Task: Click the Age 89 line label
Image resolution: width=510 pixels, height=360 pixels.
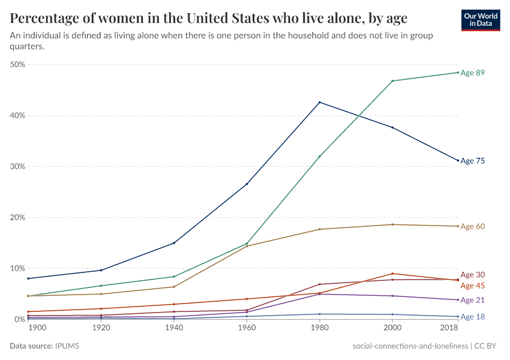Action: [x=472, y=73]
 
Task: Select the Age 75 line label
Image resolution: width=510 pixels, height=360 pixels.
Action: [x=472, y=161]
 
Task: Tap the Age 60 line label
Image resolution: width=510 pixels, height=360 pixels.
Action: [x=472, y=226]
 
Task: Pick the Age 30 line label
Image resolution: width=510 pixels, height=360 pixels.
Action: [x=472, y=275]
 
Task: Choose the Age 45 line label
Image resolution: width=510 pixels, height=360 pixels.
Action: [x=472, y=286]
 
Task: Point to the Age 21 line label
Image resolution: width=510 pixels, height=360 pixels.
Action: [x=472, y=300]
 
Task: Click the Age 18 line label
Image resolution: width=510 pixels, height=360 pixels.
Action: [x=472, y=317]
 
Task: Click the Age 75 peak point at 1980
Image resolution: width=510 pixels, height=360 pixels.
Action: [x=320, y=102]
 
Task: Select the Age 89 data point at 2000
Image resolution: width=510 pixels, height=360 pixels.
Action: [x=392, y=81]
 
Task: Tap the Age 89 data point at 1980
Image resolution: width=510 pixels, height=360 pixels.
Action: [x=320, y=156]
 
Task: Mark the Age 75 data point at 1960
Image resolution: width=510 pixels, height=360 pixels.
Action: [x=247, y=184]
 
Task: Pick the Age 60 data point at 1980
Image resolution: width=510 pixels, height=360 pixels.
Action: [x=320, y=229]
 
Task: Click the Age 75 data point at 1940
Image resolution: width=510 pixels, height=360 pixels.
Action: [x=174, y=243]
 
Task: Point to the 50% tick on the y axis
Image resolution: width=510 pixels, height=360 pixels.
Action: [x=18, y=64]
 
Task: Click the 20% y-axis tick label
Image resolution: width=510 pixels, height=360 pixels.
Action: [x=18, y=217]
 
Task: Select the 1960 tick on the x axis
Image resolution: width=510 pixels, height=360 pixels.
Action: [x=247, y=329]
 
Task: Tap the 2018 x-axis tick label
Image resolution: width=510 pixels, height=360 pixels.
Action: [x=449, y=329]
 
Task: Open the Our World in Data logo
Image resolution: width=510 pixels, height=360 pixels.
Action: [x=481, y=20]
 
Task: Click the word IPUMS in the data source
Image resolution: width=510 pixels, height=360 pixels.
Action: [x=67, y=346]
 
